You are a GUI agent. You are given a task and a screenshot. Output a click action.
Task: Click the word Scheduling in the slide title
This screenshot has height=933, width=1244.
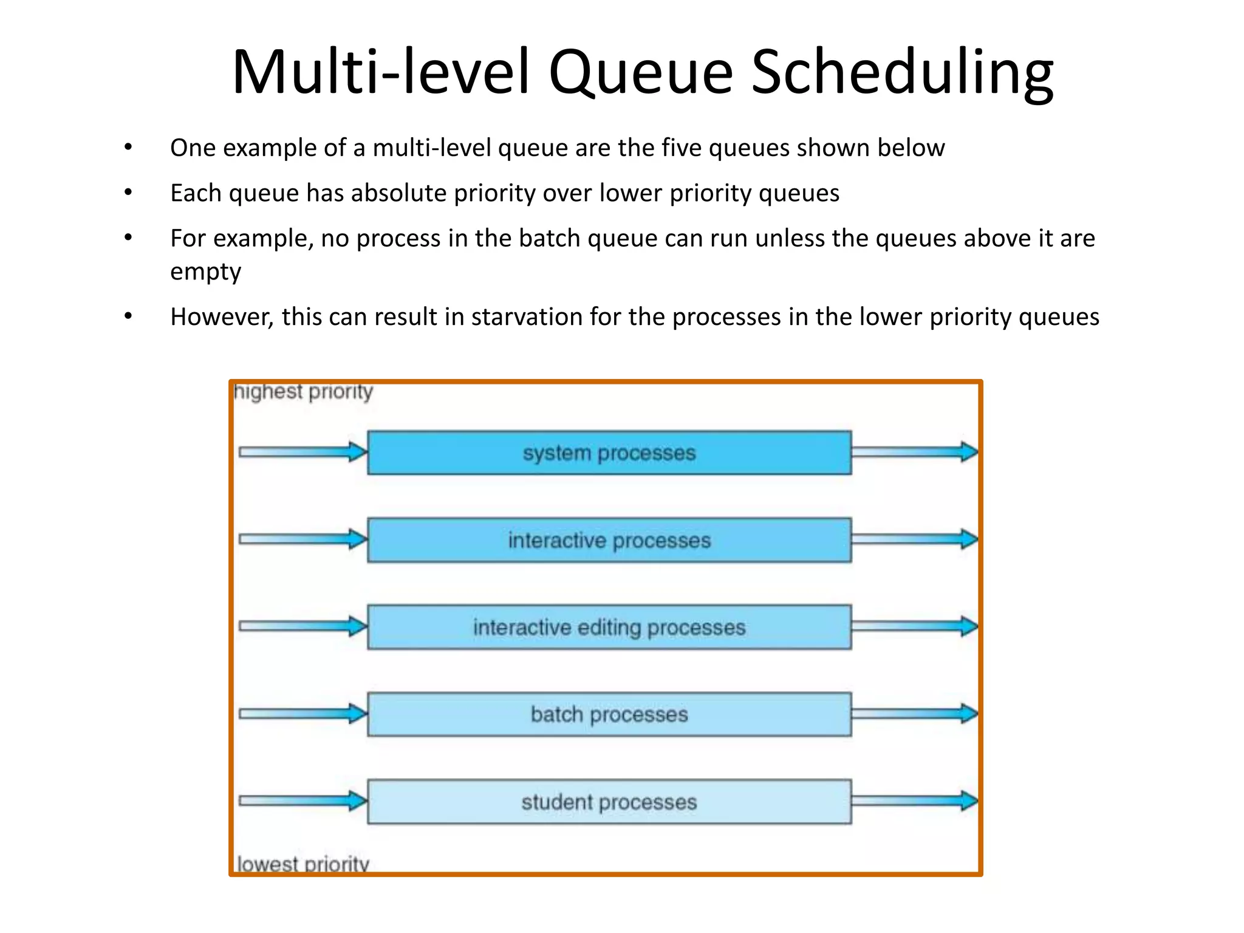click(902, 73)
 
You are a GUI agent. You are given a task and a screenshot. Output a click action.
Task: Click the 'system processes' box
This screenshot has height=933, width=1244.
click(609, 453)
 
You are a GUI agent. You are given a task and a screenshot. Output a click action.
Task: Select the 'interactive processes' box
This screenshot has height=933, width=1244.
click(609, 540)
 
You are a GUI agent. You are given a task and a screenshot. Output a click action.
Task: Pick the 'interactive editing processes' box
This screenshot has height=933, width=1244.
click(609, 627)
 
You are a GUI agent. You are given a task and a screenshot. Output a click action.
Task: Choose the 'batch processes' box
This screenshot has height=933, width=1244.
click(609, 714)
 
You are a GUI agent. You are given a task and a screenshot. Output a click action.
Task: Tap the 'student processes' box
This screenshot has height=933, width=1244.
click(609, 802)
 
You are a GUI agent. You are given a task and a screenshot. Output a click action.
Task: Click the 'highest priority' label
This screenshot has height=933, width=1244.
click(303, 392)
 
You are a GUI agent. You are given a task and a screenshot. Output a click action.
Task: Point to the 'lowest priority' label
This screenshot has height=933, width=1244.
click(302, 863)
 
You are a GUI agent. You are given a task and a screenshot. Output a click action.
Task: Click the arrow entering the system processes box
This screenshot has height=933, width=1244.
click(302, 452)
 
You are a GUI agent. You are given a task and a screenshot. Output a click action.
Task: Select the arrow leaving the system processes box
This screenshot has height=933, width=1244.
click(914, 452)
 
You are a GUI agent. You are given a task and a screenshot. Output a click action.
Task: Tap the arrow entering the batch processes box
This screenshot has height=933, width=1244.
click(302, 714)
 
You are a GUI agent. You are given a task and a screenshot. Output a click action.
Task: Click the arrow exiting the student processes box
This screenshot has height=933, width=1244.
click(914, 801)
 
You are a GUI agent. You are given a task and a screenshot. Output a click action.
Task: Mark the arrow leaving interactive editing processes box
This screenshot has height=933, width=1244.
click(914, 626)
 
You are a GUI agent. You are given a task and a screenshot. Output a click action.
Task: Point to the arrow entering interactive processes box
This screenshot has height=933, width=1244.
click(302, 539)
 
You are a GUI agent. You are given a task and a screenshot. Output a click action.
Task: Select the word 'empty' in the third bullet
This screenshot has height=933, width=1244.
click(205, 272)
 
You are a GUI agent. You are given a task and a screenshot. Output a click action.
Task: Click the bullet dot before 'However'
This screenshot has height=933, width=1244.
click(128, 316)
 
